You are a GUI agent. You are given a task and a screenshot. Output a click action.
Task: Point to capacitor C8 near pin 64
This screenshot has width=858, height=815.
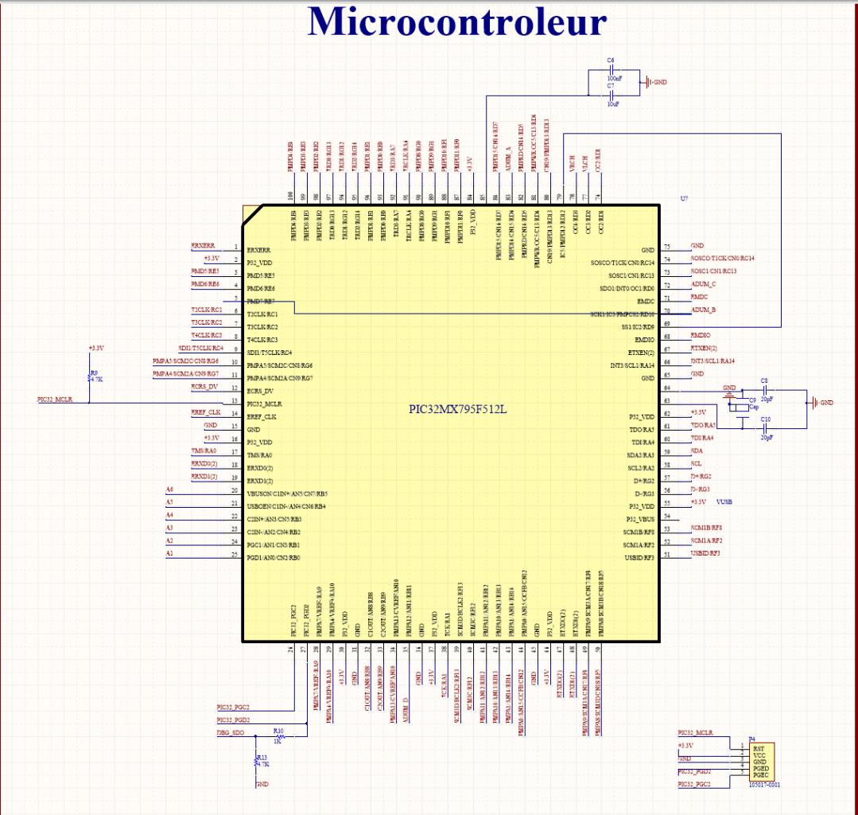pos(765,391)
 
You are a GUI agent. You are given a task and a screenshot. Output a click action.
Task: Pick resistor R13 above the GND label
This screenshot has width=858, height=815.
pos(256,762)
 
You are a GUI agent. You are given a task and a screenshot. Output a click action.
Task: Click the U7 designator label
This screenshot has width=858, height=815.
pos(684,197)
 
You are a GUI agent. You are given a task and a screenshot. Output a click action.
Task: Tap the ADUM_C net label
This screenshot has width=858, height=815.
pos(703,284)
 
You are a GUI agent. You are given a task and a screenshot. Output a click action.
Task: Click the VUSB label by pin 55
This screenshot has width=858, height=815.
pos(724,502)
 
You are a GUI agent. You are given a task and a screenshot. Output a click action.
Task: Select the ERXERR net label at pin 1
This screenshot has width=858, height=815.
pos(203,246)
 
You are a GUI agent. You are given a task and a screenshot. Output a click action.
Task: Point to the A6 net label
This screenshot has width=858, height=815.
pos(169,489)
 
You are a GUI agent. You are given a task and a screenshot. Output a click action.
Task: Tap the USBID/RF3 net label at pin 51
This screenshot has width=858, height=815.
pos(705,553)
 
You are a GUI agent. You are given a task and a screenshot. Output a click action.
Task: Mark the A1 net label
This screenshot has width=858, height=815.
pos(169,553)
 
